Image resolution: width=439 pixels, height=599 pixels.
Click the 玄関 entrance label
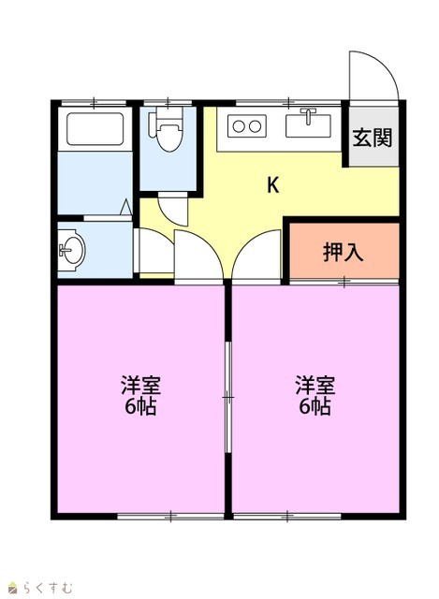[373, 138]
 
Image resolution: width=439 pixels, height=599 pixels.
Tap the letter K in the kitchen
[272, 185]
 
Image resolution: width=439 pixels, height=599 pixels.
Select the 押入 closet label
[344, 252]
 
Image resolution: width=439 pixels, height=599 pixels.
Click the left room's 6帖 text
[140, 407]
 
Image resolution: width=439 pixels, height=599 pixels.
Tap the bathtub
[95, 129]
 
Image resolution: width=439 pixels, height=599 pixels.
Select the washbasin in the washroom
[72, 250]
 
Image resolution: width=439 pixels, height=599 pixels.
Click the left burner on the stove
[239, 126]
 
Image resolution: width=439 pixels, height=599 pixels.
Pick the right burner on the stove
[255, 126]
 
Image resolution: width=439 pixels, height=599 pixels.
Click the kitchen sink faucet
[308, 116]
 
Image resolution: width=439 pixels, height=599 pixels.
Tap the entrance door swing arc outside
[385, 67]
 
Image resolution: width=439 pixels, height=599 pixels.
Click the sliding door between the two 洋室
[228, 397]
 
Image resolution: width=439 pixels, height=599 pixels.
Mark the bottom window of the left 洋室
[170, 517]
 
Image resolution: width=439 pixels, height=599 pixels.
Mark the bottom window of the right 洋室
[287, 517]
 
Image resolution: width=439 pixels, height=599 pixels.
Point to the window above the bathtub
[94, 102]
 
